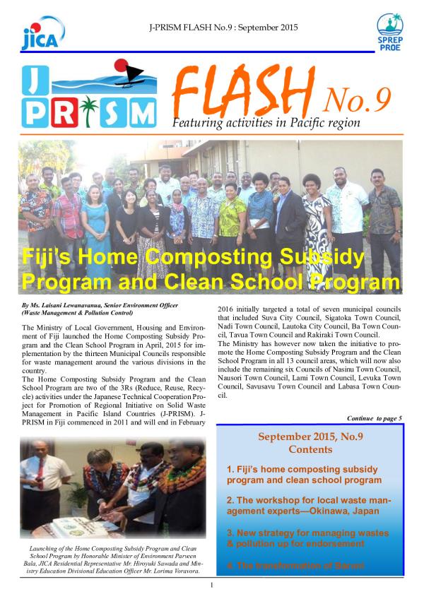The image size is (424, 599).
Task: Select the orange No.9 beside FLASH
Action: click(x=356, y=101)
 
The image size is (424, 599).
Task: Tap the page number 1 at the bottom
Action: click(x=212, y=586)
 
